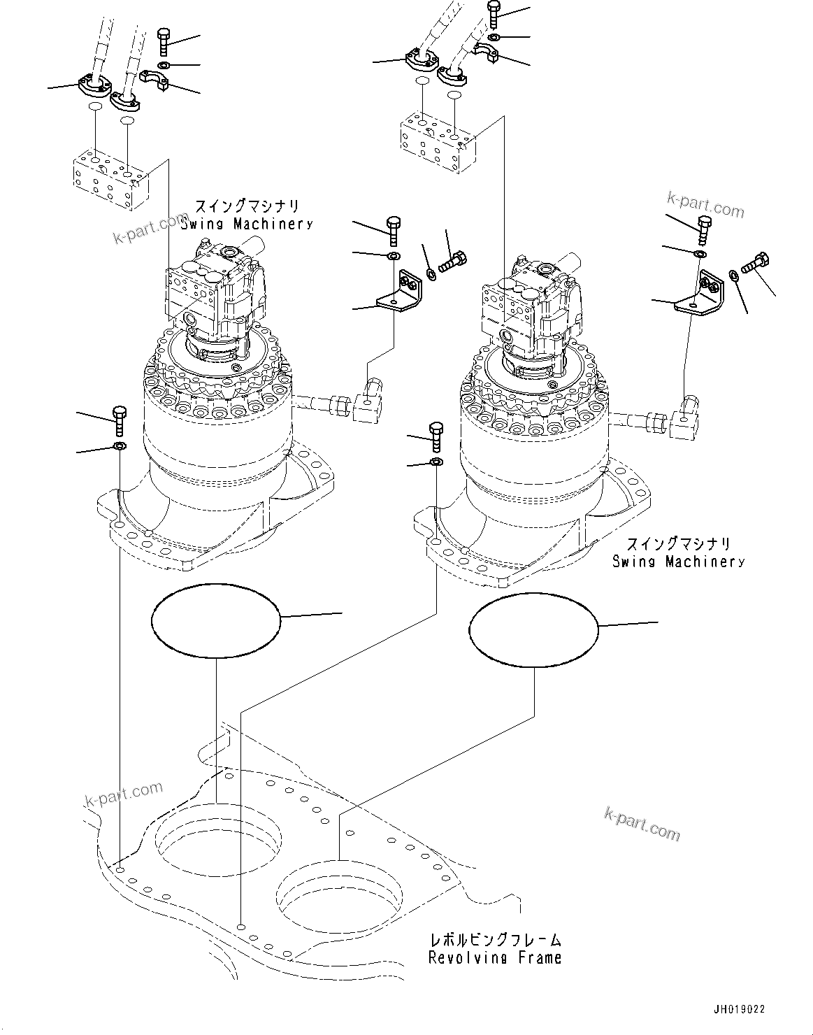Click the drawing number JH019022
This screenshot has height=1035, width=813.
point(739,1009)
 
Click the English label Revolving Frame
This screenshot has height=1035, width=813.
point(495,957)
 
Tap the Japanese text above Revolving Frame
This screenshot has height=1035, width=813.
point(495,941)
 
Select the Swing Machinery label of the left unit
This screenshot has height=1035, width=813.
point(247,224)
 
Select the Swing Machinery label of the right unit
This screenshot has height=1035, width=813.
point(678,561)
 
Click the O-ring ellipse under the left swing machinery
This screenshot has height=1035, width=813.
point(216,620)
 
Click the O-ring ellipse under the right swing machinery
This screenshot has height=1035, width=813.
point(534,631)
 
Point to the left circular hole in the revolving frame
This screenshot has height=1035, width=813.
point(218,839)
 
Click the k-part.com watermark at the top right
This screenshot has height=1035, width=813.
point(705,207)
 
